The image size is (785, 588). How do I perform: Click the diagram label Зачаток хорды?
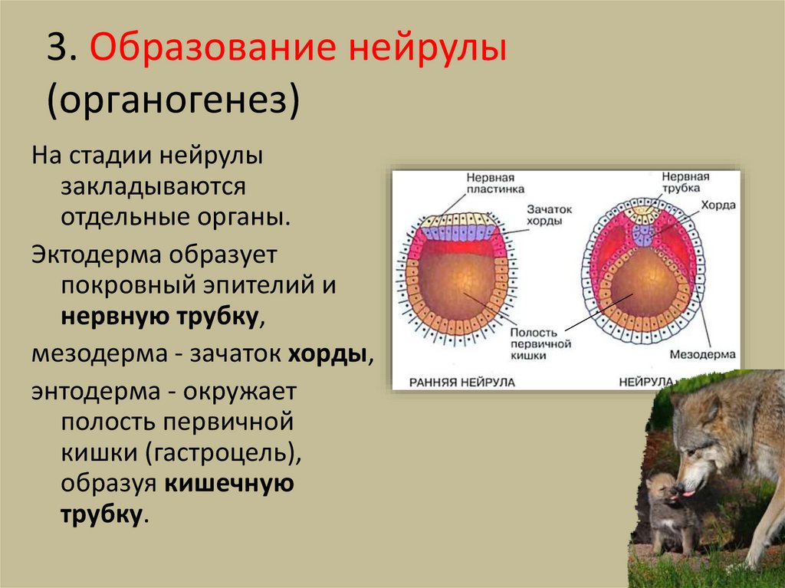(x=544, y=214)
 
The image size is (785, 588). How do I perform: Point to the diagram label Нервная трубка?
(x=685, y=182)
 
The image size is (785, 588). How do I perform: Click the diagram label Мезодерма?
(x=702, y=354)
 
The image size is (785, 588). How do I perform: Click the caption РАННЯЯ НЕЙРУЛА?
(x=461, y=381)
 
